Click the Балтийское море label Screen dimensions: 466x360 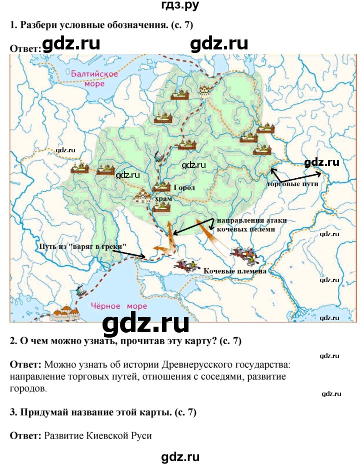click(x=94, y=78)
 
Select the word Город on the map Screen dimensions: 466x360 click(x=184, y=188)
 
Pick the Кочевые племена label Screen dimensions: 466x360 click(x=235, y=271)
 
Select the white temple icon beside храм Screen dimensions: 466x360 click(x=142, y=197)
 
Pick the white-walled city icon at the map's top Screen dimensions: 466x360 click(x=205, y=91)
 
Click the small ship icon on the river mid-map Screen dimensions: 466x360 click(x=159, y=157)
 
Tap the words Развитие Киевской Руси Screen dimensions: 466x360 click(x=98, y=435)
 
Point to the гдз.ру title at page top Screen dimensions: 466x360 click(x=179, y=6)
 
